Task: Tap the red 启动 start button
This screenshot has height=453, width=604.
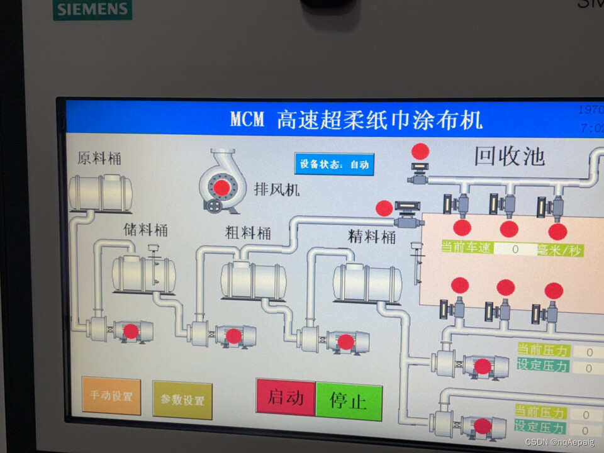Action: click(x=286, y=397)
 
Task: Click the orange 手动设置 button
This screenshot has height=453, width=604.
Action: click(x=111, y=396)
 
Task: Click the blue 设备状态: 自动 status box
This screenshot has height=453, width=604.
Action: click(x=334, y=164)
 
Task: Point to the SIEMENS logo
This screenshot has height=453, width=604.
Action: click(x=92, y=9)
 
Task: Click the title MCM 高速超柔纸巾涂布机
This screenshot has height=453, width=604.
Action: click(x=356, y=118)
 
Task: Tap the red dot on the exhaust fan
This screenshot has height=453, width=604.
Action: click(x=221, y=187)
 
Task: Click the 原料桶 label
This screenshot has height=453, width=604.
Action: click(x=99, y=158)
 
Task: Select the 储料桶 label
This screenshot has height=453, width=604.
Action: click(x=145, y=230)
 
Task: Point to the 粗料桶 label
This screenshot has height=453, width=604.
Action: click(x=248, y=233)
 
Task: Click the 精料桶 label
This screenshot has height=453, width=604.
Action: click(x=372, y=237)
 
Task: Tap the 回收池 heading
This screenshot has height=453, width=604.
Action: click(x=509, y=156)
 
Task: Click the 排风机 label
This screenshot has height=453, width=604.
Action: click(x=277, y=189)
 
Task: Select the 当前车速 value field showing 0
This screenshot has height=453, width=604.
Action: click(x=515, y=249)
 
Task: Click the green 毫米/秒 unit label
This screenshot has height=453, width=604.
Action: click(x=559, y=250)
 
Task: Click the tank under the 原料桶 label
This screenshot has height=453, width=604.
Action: click(x=101, y=193)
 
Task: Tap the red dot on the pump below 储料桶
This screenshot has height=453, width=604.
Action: click(x=131, y=331)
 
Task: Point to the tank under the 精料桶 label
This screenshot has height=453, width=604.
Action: click(x=367, y=283)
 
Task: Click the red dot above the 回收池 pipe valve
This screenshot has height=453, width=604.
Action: click(x=420, y=152)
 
